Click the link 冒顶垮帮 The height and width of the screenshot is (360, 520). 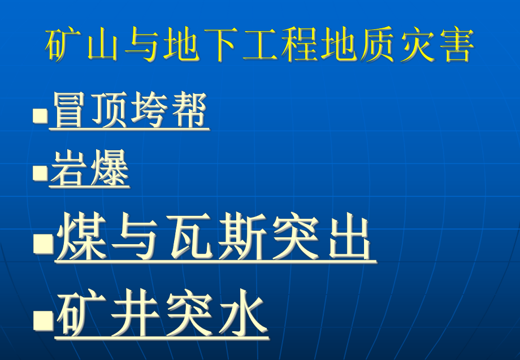coord(129,111)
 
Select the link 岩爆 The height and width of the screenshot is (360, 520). coord(89,170)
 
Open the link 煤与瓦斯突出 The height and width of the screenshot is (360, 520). coord(215,240)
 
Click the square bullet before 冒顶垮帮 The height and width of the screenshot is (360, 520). coord(40,115)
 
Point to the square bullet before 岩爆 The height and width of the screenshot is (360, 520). coord(40,172)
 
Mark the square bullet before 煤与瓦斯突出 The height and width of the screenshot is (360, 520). coord(42,244)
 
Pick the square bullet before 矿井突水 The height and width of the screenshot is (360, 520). coord(42,320)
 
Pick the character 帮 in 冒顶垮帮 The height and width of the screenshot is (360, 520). coord(189,111)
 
